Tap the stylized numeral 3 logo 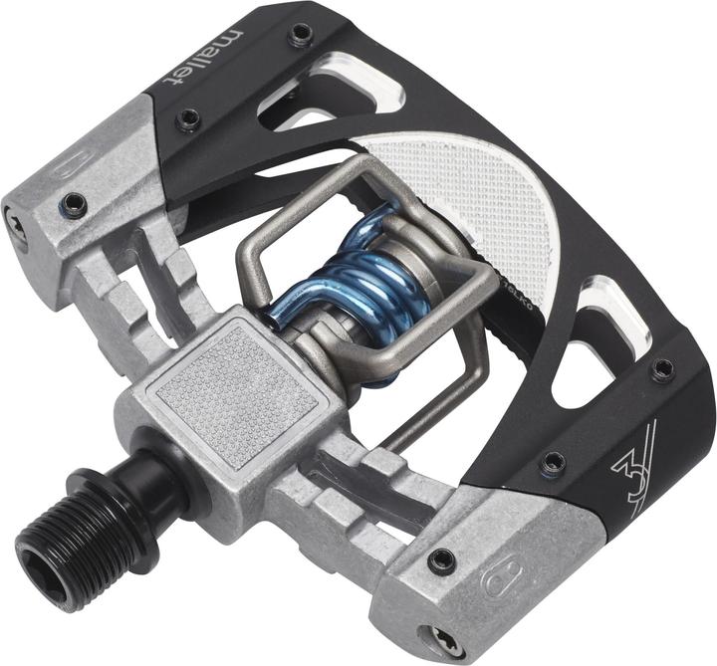[x=636, y=451]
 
